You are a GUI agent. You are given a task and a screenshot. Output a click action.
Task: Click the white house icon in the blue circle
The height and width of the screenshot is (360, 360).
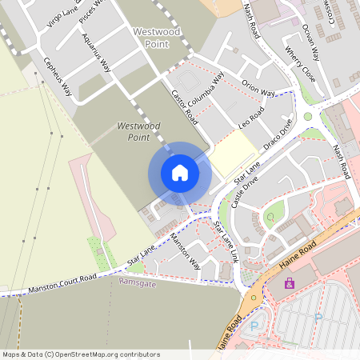coord(180,173)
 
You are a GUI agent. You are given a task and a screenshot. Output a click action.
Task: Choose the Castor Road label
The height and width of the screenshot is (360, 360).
coord(184,106)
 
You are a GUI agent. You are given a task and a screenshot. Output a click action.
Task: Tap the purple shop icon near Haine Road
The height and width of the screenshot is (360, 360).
coord(290,282)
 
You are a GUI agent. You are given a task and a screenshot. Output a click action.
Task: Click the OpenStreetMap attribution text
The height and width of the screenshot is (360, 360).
coord(81,354)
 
